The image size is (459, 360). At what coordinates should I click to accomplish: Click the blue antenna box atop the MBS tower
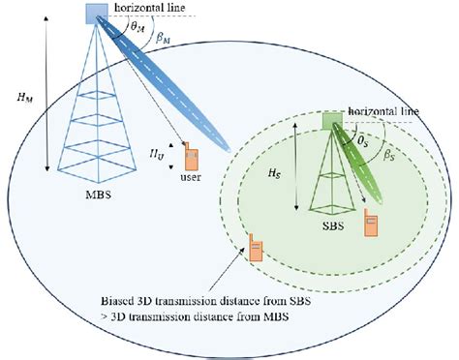(97, 13)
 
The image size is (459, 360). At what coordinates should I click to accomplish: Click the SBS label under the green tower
(332, 238)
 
